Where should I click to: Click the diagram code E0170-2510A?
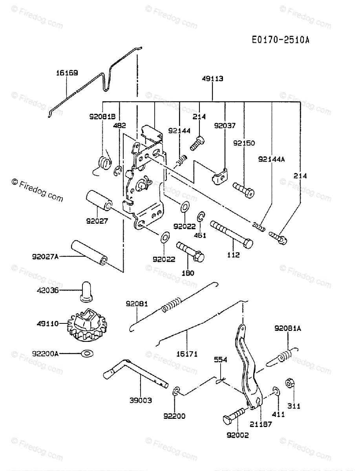click(280, 40)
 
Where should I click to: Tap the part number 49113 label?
click(212, 79)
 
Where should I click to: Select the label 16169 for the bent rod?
click(67, 73)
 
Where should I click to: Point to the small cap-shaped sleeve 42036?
click(86, 292)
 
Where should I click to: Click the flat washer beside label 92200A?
click(88, 353)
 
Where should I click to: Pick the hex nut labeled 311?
click(290, 383)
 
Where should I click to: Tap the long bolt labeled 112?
click(232, 235)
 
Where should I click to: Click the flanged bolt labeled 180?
click(190, 252)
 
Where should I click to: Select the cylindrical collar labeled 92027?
click(99, 201)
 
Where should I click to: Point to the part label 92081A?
click(288, 329)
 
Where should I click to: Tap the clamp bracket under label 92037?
click(220, 176)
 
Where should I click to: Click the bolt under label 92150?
click(243, 190)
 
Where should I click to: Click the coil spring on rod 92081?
click(172, 305)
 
